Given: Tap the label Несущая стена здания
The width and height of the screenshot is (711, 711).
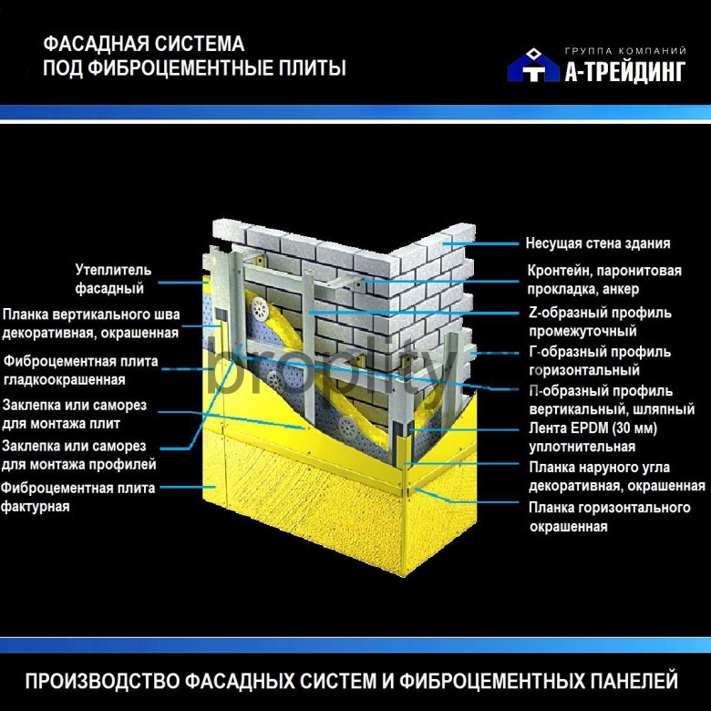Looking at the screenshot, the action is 598,243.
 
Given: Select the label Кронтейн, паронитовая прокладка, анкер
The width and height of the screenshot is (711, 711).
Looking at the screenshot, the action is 604,279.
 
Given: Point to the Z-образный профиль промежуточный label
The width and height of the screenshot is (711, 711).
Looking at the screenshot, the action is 601,322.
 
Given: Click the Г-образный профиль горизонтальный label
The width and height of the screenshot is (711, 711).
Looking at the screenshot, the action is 600,360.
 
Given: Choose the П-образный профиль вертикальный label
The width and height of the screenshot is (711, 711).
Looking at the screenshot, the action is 612,399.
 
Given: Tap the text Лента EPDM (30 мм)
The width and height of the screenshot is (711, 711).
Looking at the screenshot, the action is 593,428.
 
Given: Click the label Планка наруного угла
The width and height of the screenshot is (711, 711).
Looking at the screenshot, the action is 599,467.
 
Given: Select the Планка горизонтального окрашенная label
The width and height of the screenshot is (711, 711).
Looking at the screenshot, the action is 610,517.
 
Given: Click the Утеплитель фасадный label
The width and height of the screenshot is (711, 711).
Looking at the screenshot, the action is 113,279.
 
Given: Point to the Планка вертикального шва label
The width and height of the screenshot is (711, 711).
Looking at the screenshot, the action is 91,314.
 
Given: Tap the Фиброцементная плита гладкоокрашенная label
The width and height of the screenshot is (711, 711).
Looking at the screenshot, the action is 81,370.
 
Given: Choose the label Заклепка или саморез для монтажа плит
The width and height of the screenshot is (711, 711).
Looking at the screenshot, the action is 75,414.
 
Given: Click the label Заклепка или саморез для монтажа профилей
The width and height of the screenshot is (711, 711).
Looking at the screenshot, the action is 79,455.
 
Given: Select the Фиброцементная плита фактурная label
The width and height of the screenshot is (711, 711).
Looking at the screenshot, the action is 78,497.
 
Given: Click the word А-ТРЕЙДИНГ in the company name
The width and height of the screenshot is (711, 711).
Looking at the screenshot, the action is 625,71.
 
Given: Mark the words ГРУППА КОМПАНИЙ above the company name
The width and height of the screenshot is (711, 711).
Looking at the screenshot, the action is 625,51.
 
